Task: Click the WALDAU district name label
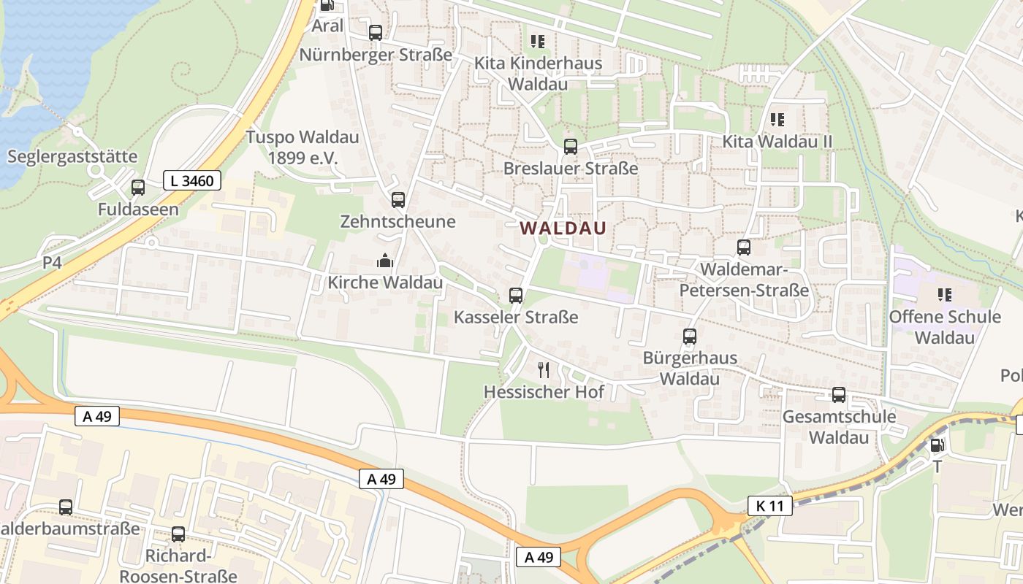click(x=563, y=228)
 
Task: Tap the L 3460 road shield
click(x=192, y=180)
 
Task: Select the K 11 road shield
click(x=770, y=505)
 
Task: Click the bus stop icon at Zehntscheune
click(x=398, y=199)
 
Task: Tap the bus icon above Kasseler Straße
click(x=516, y=296)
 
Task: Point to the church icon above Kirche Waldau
click(x=384, y=261)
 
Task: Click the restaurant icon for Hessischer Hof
click(x=544, y=370)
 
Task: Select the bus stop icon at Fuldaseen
click(x=138, y=188)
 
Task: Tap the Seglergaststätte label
click(x=72, y=156)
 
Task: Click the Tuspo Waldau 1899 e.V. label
click(x=302, y=147)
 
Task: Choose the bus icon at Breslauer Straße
click(x=571, y=147)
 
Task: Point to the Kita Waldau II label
click(x=777, y=141)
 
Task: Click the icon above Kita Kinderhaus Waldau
click(x=538, y=42)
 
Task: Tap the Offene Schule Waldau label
click(x=945, y=326)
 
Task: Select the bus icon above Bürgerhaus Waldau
click(x=690, y=337)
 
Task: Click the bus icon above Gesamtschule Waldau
click(x=839, y=395)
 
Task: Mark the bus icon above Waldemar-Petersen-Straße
click(x=744, y=247)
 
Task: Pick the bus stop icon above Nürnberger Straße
click(x=376, y=33)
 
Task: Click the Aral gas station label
click(x=327, y=26)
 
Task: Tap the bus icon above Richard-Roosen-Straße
click(x=178, y=534)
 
